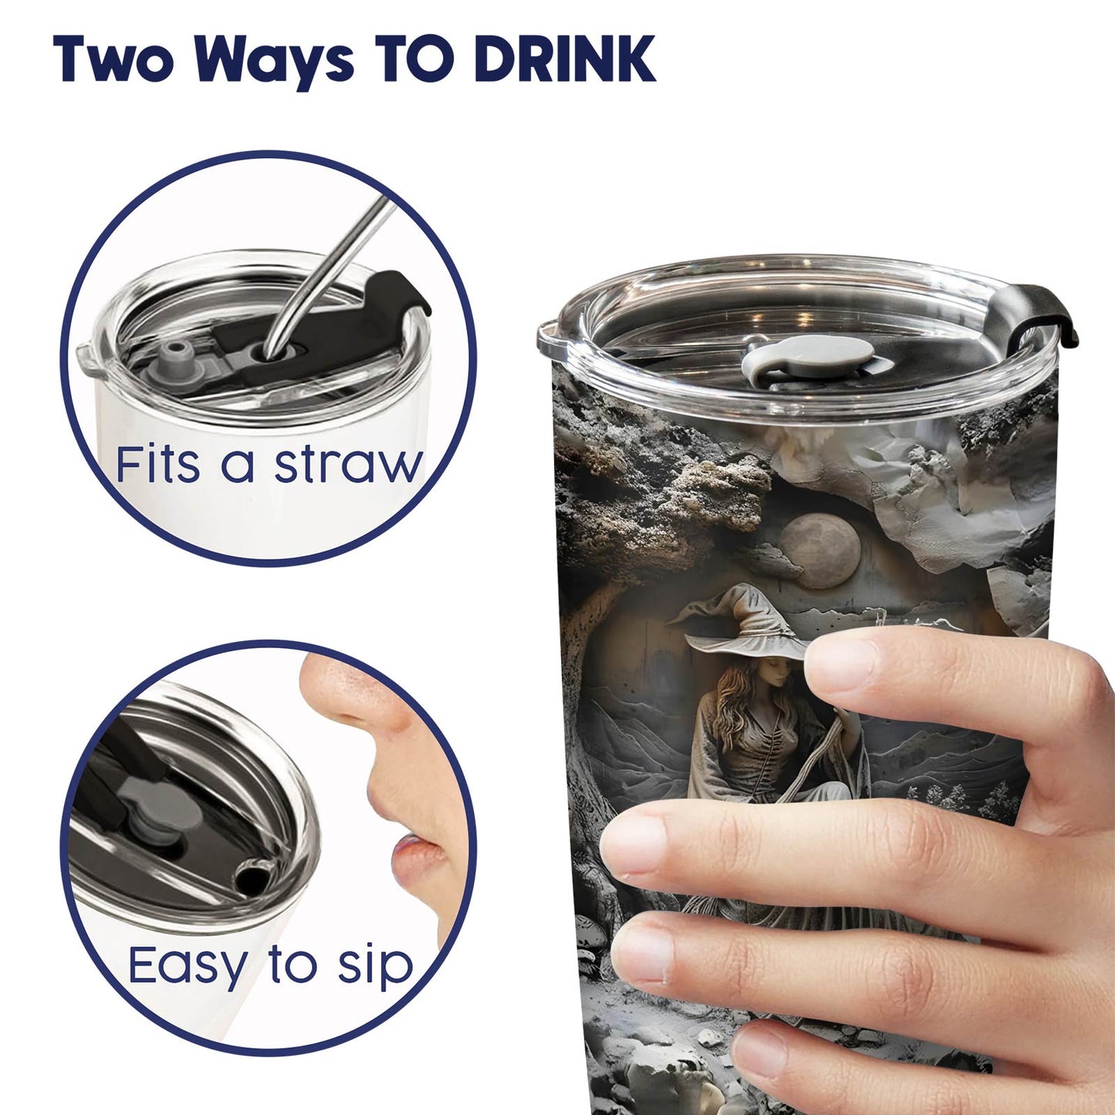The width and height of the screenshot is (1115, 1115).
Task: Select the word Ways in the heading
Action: click(273, 63)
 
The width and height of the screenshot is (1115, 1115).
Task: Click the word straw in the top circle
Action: click(349, 465)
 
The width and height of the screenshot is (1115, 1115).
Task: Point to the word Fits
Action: click(158, 464)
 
